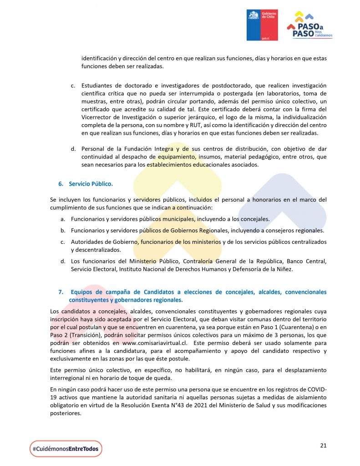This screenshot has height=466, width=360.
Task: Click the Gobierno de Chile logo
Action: [262, 25]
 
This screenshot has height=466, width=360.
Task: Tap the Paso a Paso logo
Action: [309, 25]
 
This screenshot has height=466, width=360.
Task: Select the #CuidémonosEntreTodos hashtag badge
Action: [66, 449]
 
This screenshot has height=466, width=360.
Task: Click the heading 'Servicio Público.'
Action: [91, 184]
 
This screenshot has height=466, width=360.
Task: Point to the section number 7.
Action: [61, 292]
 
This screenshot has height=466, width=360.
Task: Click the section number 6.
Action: [61, 184]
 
